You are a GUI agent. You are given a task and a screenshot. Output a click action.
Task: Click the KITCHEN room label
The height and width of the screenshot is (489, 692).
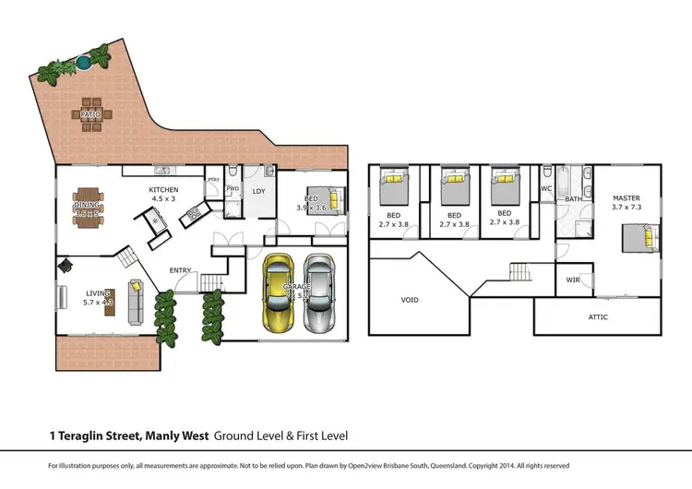(164, 191)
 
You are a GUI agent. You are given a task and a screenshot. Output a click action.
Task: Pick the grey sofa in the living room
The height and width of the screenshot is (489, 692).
(135, 301)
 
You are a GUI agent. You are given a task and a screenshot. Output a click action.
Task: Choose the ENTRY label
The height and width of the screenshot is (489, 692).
(181, 270)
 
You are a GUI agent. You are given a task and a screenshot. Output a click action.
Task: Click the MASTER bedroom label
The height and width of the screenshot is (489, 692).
(626, 198)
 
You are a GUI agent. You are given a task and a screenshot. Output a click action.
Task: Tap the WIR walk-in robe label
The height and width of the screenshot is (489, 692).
(572, 279)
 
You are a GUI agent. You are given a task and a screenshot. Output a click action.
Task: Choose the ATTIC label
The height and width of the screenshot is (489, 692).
(599, 316)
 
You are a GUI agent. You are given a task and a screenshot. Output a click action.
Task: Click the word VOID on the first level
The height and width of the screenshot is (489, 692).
(410, 300)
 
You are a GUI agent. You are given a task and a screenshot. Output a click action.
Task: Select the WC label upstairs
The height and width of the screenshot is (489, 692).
(545, 188)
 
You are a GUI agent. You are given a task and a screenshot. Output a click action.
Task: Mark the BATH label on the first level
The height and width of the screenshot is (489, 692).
(573, 198)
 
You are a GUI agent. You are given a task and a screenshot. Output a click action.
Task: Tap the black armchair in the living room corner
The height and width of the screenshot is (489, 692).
(66, 265)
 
